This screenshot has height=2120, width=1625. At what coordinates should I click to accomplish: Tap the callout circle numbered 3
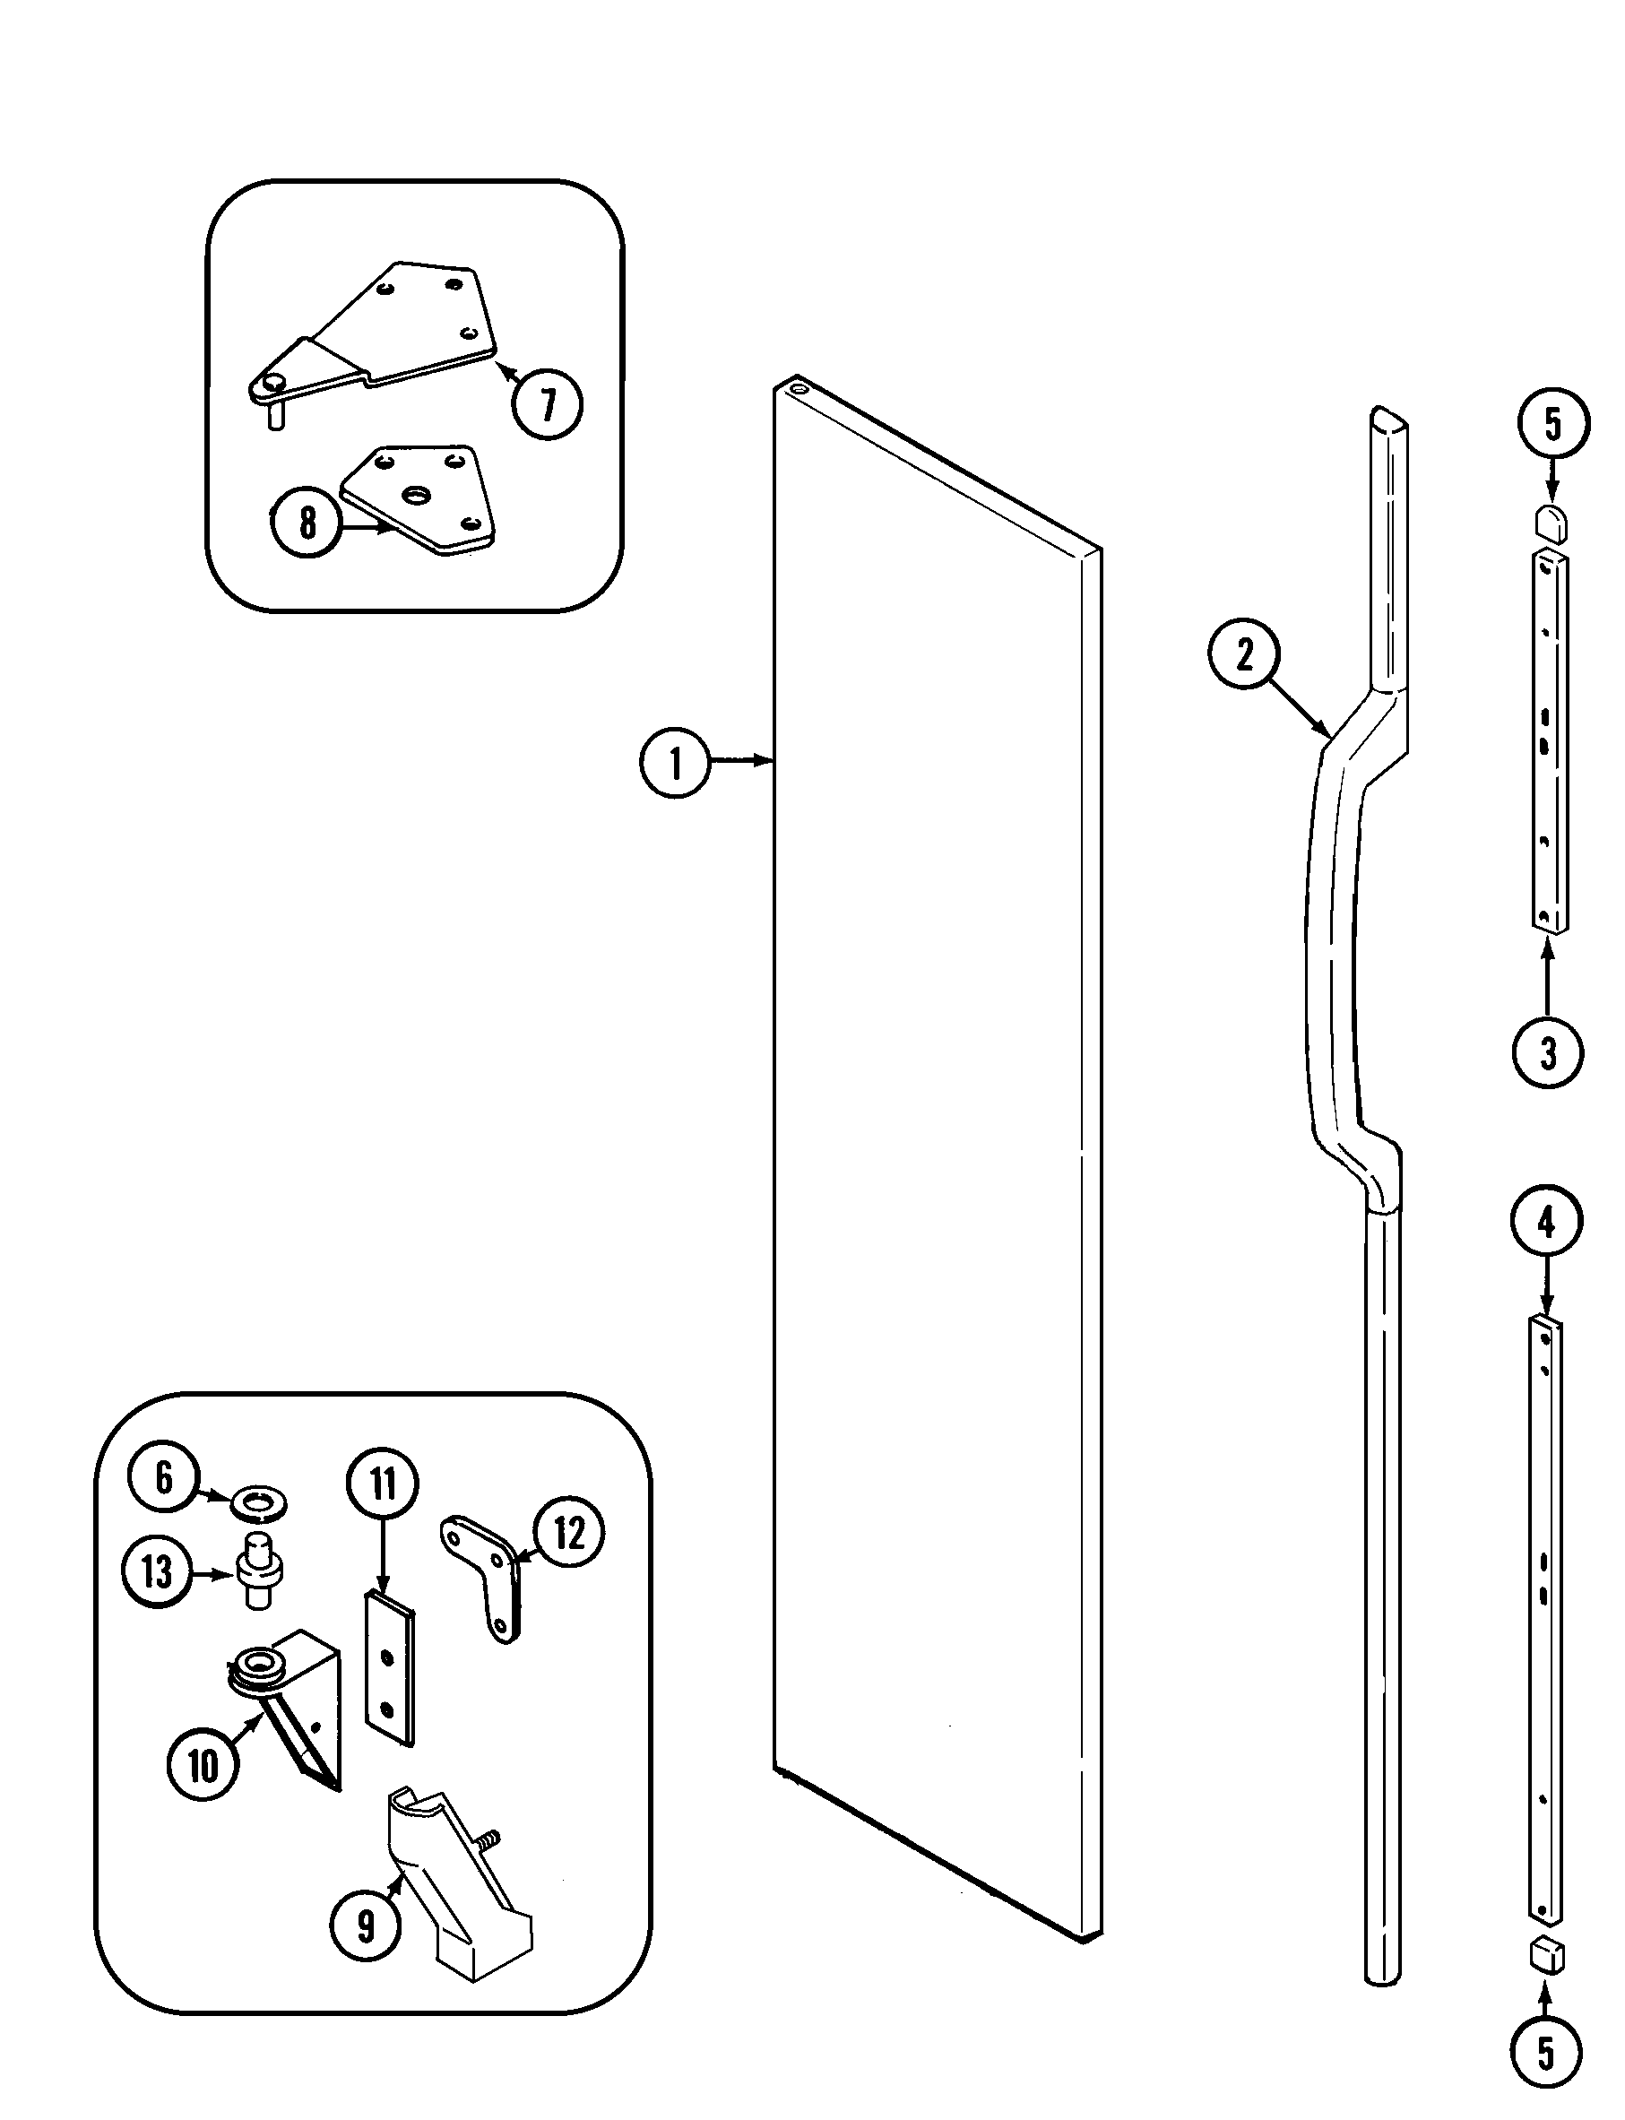tap(1547, 1052)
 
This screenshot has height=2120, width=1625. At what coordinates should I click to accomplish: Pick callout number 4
tap(1546, 1223)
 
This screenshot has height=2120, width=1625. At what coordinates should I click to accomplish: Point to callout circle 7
tap(548, 404)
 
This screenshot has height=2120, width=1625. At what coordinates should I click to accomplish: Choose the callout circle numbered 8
tap(307, 523)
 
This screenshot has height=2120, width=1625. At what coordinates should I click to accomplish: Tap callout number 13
tap(157, 1571)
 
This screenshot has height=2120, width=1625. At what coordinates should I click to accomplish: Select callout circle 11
tap(383, 1484)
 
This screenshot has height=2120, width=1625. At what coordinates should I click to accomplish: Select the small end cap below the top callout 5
tap(1551, 524)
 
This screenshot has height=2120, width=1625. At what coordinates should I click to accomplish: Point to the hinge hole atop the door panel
tap(797, 388)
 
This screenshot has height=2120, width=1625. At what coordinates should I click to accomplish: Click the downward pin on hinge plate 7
tap(276, 417)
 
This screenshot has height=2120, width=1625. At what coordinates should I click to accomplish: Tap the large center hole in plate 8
tap(415, 495)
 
